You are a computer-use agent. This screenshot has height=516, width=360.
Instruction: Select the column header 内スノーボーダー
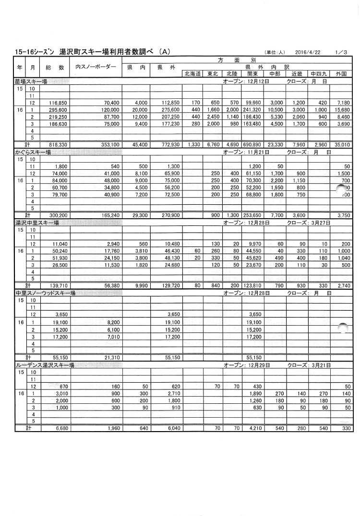96,67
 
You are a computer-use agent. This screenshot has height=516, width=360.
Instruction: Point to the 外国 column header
341,74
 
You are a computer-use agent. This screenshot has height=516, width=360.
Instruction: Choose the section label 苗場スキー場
31,82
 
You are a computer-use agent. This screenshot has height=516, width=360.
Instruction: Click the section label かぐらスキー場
33,152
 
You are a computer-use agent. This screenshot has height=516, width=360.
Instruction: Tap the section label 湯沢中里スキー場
37,223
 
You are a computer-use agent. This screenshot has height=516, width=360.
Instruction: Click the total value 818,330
56,144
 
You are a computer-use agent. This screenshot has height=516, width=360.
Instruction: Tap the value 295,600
56,109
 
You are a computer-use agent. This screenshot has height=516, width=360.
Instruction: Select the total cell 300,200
56,216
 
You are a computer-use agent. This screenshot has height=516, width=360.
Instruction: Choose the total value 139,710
56,286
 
